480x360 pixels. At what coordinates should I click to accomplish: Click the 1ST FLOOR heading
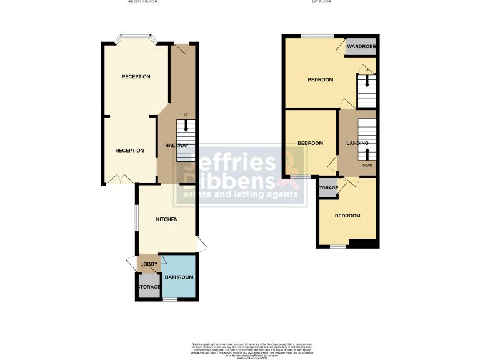321,2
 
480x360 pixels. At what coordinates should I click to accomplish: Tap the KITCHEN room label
167,219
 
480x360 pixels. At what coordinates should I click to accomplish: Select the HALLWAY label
177,146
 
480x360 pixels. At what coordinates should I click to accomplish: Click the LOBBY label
149,264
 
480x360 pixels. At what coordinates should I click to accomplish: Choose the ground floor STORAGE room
149,287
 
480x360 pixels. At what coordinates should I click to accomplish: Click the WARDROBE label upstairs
361,47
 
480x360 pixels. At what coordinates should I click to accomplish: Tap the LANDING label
357,144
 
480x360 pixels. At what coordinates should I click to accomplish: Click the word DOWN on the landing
367,166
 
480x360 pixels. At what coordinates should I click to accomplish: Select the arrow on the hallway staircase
186,124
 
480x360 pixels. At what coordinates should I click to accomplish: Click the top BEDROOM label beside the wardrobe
320,80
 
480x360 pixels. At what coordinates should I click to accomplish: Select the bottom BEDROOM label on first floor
347,216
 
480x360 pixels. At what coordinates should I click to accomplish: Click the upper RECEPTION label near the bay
136,77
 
